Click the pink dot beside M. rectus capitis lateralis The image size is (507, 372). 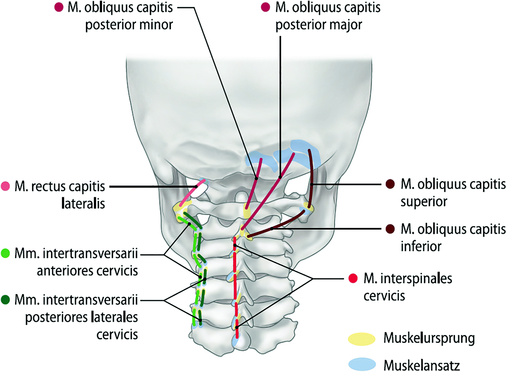click(x=6, y=186)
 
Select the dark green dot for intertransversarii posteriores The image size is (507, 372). click(x=6, y=300)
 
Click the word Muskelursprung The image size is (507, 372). click(x=428, y=339)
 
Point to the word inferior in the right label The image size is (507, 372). click(x=420, y=245)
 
